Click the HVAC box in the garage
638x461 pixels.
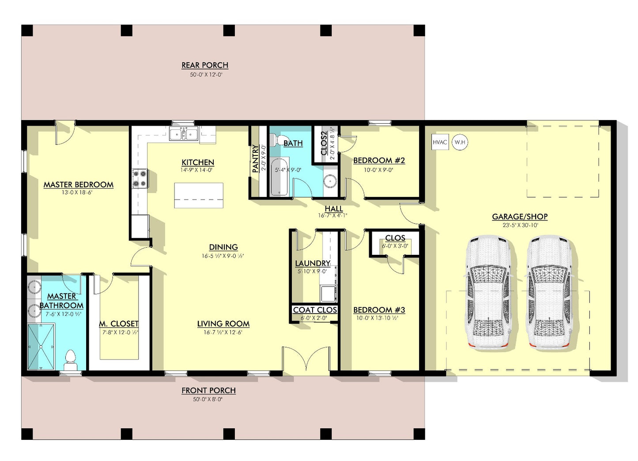pos(440,142)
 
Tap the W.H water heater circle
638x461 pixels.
pos(460,142)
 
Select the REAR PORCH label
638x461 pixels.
pos(205,65)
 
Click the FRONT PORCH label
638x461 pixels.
pos(208,390)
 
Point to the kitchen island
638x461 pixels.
pos(199,195)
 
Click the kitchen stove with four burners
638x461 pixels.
pos(140,178)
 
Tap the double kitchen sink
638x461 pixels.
pos(184,133)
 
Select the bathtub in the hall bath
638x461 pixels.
pos(279,177)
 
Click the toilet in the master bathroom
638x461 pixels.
pos(70,361)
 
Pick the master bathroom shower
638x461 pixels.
pos(41,347)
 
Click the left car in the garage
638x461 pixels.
pos(489,294)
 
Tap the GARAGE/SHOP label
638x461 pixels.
pos(520,217)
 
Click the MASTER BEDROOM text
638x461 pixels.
pos(78,185)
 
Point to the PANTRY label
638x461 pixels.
pos(255,159)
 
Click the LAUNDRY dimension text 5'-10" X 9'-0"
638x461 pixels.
pos(313,272)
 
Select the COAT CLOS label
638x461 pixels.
pos(315,310)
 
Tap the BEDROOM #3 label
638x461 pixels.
pos(379,310)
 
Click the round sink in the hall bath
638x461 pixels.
pos(330,181)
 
